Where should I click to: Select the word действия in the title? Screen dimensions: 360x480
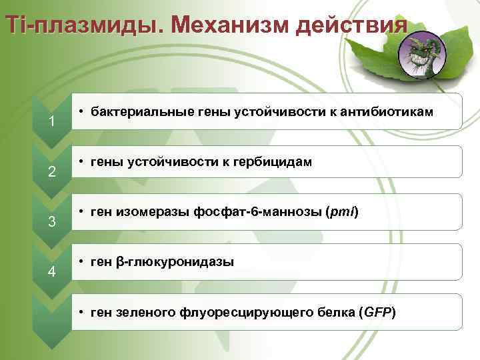click(x=351, y=26)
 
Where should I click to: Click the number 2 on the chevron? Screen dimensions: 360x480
click(x=51, y=171)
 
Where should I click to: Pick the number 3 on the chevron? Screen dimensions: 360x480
click(x=51, y=221)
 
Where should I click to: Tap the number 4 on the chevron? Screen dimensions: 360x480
click(x=51, y=271)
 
